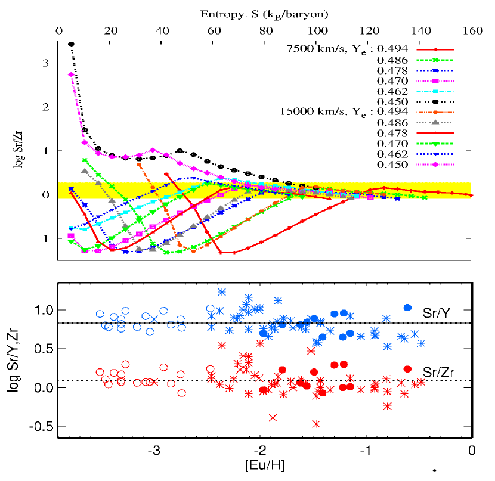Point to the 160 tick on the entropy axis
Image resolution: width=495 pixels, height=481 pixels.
(x=471, y=30)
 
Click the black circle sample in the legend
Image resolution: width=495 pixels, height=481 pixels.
(x=436, y=102)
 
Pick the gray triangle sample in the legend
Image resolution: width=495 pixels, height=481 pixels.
(x=436, y=123)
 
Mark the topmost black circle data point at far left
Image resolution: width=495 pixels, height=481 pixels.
(x=71, y=44)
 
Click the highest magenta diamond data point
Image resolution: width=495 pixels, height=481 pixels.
(x=71, y=75)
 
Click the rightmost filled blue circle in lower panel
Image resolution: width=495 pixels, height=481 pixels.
(x=408, y=308)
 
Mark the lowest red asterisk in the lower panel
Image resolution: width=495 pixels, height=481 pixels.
(x=317, y=424)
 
